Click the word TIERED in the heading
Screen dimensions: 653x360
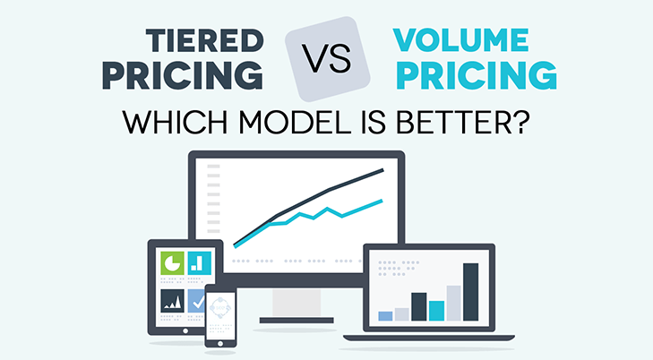(205, 40)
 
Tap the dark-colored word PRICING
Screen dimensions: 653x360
(183, 75)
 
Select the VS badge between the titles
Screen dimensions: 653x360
(327, 59)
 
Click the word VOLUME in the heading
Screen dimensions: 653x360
(460, 40)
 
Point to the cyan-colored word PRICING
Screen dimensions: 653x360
(477, 75)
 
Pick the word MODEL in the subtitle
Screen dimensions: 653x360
(296, 122)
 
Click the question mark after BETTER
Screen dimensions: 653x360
(520, 122)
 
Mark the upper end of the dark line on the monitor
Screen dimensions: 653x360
(382, 169)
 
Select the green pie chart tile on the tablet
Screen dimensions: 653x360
(172, 262)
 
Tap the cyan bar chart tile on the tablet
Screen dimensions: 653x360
(200, 262)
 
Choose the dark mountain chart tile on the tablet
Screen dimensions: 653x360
(172, 301)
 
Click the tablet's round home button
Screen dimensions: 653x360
(185, 330)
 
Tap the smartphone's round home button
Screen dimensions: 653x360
(220, 343)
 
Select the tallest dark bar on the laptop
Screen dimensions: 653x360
(470, 292)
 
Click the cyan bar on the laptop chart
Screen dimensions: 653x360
(436, 311)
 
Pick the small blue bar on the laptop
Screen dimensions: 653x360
(385, 316)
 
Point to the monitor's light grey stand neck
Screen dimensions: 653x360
(296, 303)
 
